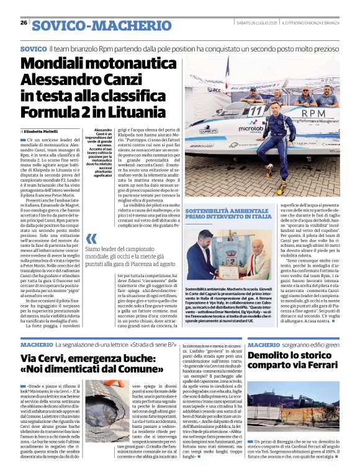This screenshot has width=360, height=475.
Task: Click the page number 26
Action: [24, 23]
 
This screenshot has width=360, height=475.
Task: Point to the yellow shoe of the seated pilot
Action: [282, 185]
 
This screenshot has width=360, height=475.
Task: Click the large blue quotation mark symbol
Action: [91, 239]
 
